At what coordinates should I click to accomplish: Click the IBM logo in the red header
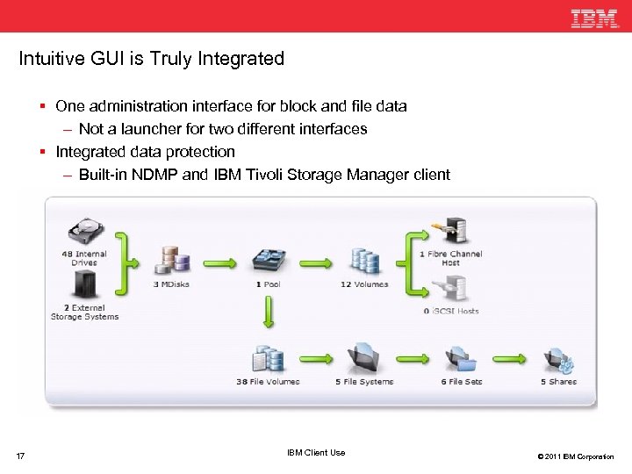(x=594, y=18)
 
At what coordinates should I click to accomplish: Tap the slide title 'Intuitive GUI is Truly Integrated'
(x=152, y=59)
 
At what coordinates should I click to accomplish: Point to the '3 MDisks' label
(x=171, y=284)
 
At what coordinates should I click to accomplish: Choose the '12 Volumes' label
(x=364, y=284)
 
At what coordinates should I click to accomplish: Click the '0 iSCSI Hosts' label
(x=450, y=311)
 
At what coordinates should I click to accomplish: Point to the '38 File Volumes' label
(x=268, y=382)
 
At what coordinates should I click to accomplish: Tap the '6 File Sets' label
(x=462, y=382)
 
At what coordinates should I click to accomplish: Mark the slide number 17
(x=21, y=456)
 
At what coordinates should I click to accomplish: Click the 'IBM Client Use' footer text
(x=316, y=453)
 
